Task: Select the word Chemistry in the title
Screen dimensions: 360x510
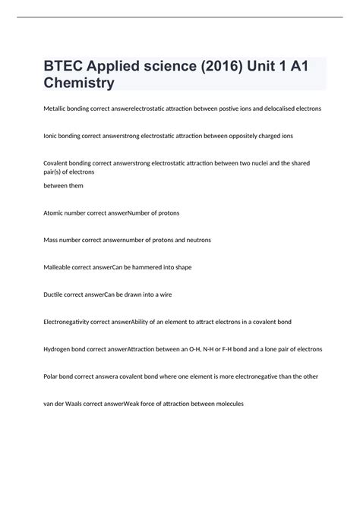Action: pos(79,83)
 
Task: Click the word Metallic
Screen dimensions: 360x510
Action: pos(55,109)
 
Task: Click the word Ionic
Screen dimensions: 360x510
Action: pos(51,136)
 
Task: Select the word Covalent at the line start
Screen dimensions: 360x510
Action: pos(57,163)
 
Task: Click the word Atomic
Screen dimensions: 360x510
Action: pos(54,213)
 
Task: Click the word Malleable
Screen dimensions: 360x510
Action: pos(58,267)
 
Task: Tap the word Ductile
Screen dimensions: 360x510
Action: pos(54,294)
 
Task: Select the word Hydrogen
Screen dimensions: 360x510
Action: pos(58,349)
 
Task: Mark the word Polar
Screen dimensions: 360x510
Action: pos(52,376)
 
